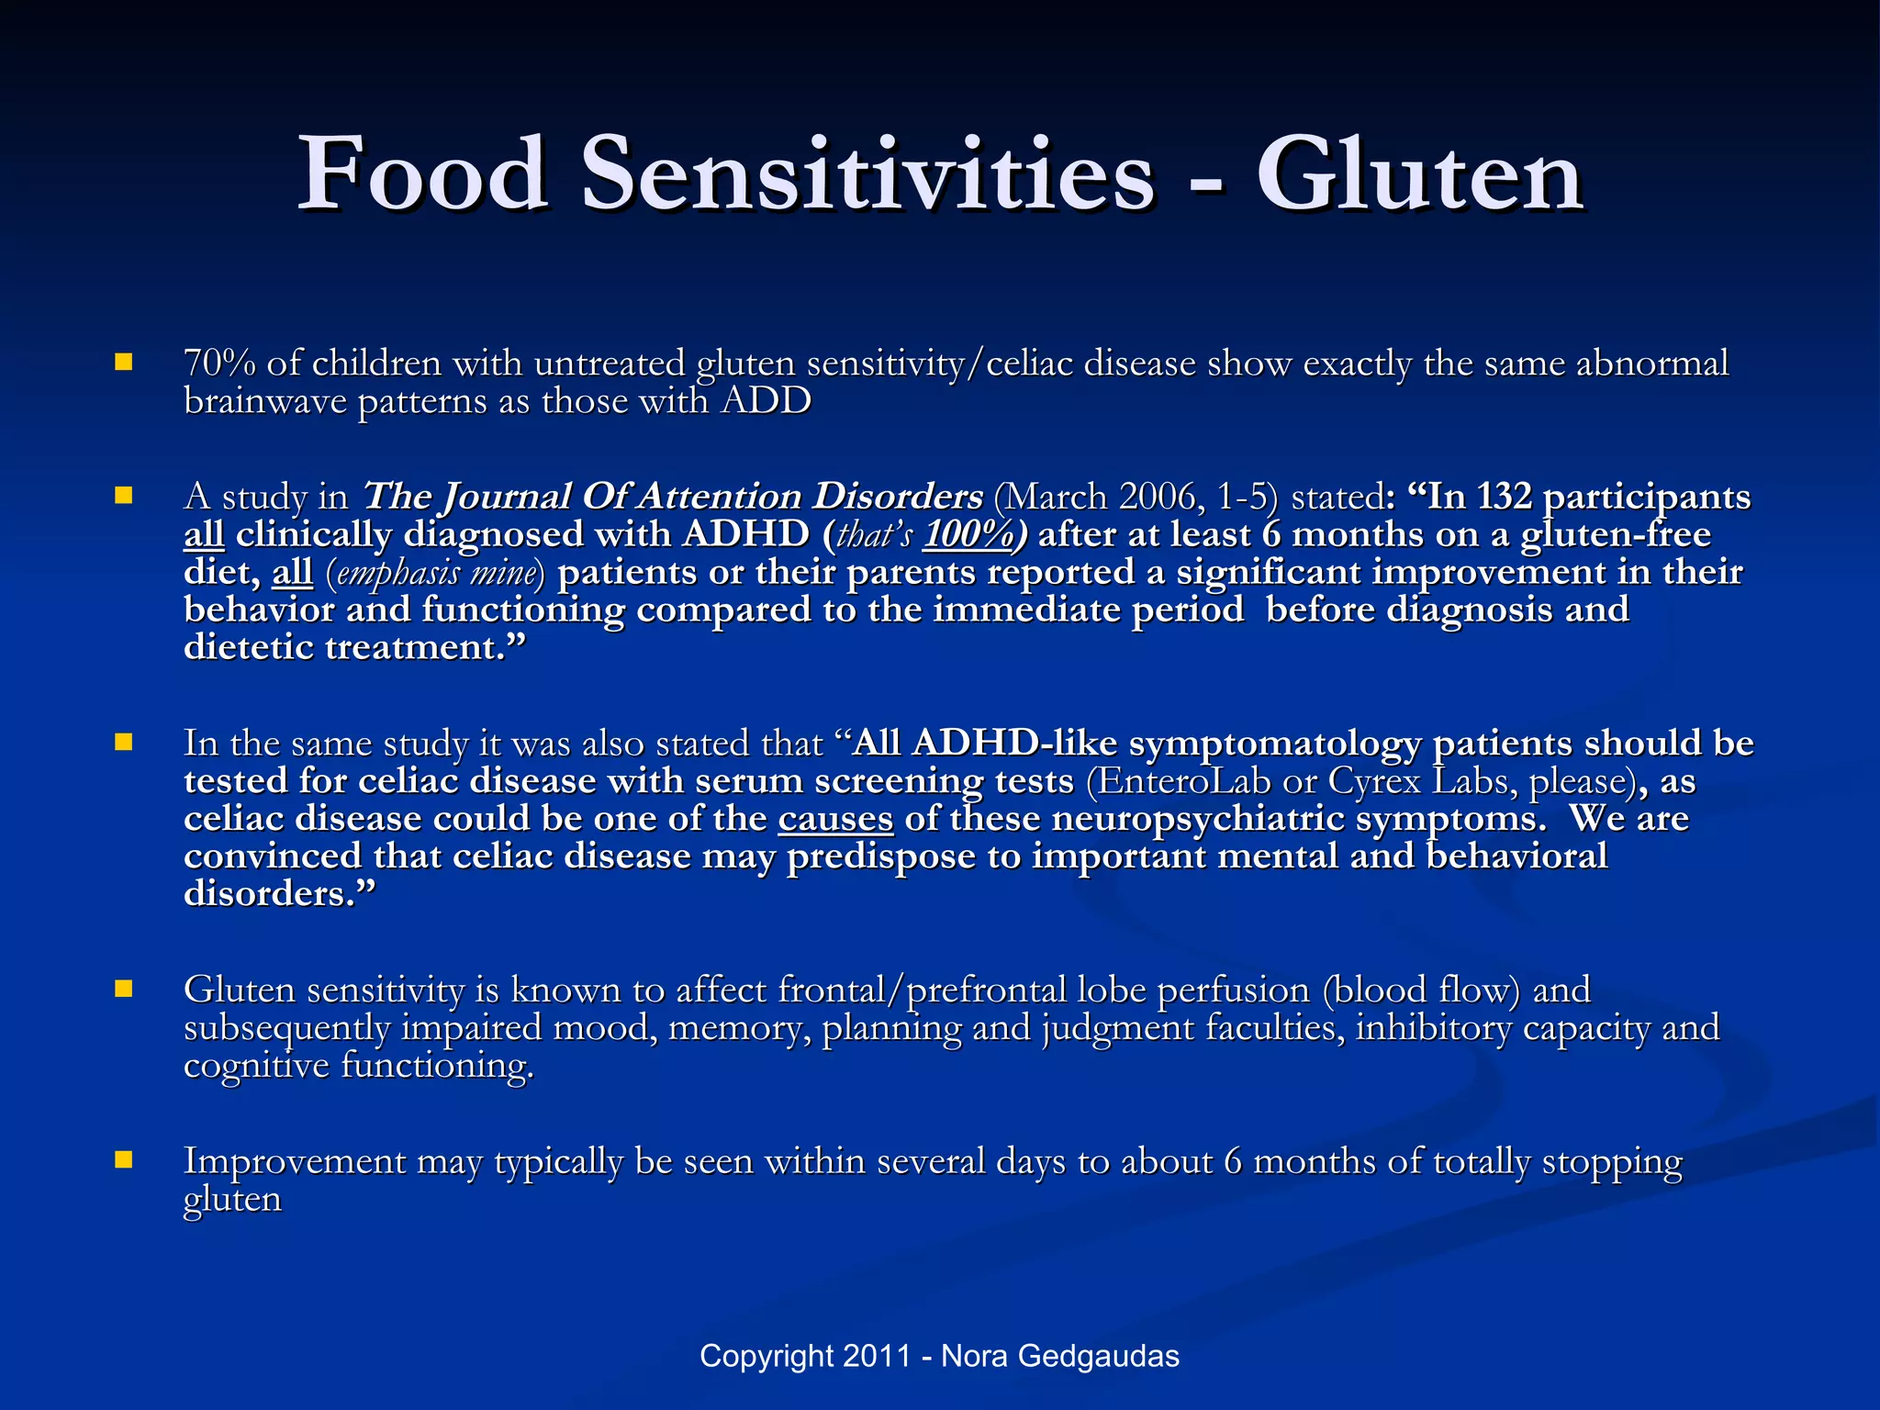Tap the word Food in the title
pyautogui.click(x=424, y=174)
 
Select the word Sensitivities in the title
pyautogui.click(x=867, y=174)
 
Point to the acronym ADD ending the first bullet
pyautogui.click(x=766, y=401)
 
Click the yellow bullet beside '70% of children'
pyautogui.click(x=124, y=363)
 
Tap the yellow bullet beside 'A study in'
pyautogui.click(x=124, y=497)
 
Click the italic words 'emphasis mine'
pyautogui.click(x=435, y=573)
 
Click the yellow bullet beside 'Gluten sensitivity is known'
pyautogui.click(x=124, y=989)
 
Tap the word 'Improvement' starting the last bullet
pyautogui.click(x=295, y=1161)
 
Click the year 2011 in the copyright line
pyautogui.click(x=877, y=1356)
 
